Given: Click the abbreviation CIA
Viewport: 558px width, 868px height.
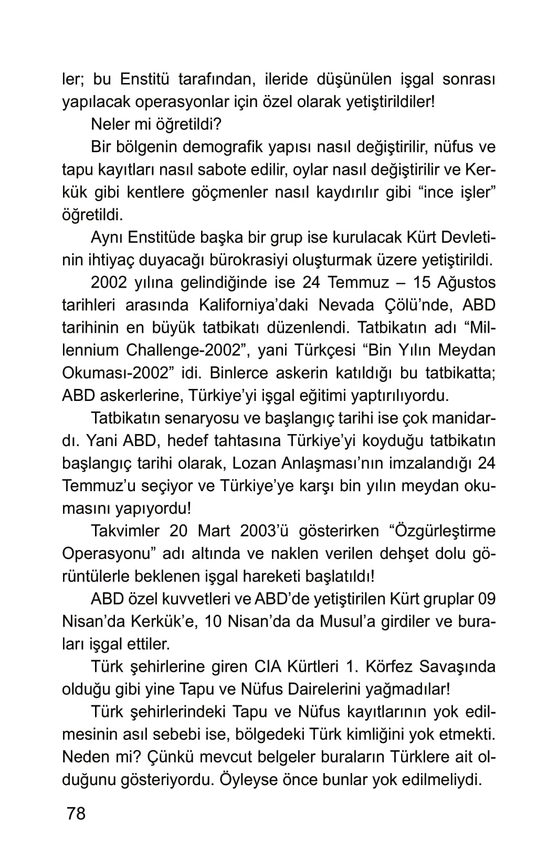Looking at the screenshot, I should coord(267,666).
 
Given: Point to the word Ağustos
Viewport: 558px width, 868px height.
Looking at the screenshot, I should coord(464,282).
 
